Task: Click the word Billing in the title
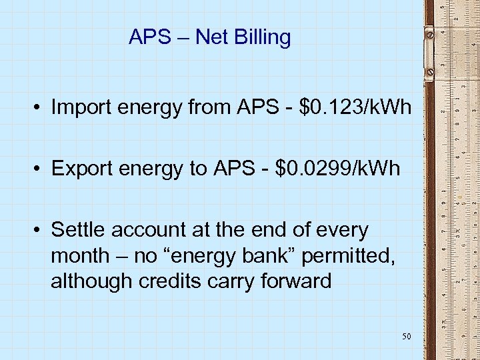(265, 37)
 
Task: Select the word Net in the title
(213, 37)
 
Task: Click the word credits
(170, 281)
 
